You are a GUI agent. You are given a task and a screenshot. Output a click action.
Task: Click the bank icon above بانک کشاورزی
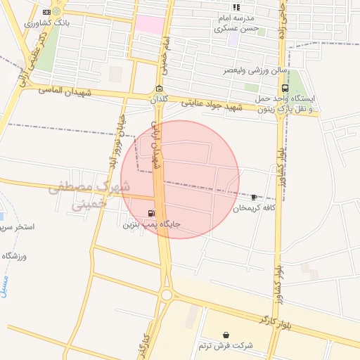click(46, 13)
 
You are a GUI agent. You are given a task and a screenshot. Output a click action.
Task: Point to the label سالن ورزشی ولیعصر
click(250, 71)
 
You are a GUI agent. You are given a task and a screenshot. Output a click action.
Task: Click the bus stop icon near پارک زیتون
click(285, 89)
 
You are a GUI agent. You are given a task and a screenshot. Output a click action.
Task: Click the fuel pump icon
click(151, 213)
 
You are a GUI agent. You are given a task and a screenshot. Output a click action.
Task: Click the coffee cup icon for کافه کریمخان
click(254, 197)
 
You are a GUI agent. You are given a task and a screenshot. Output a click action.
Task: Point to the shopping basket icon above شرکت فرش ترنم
click(225, 335)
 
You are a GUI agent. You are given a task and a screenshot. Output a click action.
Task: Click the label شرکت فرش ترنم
click(224, 346)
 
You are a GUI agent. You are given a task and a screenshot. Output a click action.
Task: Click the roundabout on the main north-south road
click(167, 295)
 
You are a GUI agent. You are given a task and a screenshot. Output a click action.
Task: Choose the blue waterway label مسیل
click(8, 285)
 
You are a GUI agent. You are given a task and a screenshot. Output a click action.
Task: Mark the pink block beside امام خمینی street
click(149, 25)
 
